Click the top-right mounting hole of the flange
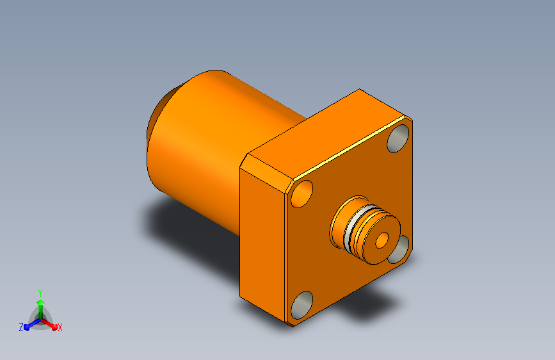pos(398,138)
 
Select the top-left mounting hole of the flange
pos(302,193)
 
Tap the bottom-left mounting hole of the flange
pos(302,305)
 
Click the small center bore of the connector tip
pos(382,240)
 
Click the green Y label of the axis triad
pos(40,293)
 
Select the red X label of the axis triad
pos(60,328)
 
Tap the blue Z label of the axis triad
pos(21,327)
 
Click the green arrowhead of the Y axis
pos(41,303)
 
